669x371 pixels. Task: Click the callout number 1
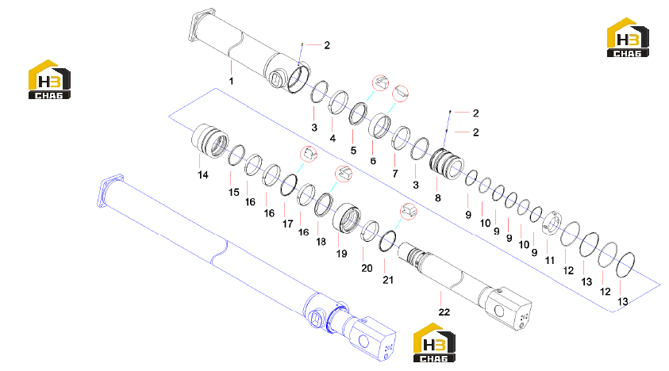coord(231,81)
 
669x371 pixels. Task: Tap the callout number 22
coord(444,312)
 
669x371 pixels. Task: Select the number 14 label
coord(203,175)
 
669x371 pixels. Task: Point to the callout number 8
coord(438,198)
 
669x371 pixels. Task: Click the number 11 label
coord(549,260)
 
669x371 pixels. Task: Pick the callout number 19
coord(342,254)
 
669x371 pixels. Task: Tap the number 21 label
coord(388,280)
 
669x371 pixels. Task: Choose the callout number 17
coord(288,224)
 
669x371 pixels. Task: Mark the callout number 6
coord(373,161)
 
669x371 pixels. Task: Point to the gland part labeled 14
coord(210,141)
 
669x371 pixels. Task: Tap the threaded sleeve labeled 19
coord(347,218)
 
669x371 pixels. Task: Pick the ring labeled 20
coord(370,231)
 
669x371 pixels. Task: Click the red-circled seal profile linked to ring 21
coord(409,212)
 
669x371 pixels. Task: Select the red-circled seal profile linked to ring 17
coord(309,154)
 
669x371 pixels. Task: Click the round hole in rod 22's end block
coord(498,311)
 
